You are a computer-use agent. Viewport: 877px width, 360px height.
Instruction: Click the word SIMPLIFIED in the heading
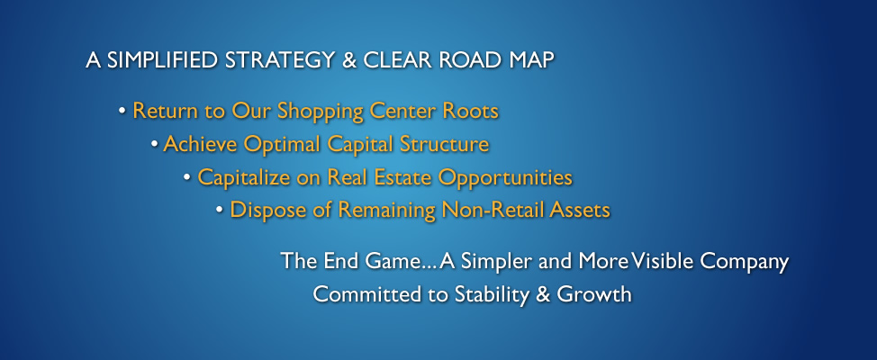click(162, 60)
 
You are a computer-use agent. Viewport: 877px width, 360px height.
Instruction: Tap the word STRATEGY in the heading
click(279, 60)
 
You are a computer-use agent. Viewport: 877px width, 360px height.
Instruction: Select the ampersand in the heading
click(349, 60)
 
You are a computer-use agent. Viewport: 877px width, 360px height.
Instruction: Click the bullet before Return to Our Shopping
click(122, 111)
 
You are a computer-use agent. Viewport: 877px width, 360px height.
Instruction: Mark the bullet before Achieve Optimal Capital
click(154, 144)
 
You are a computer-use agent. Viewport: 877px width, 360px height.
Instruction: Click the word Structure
click(444, 144)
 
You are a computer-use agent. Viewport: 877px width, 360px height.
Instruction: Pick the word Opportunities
click(505, 178)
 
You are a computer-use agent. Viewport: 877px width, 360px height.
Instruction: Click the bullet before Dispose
click(220, 210)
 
